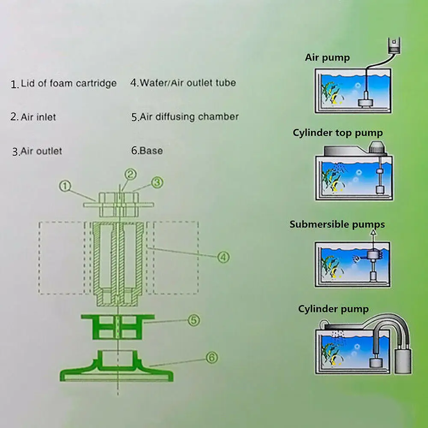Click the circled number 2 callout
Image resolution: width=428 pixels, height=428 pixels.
click(131, 174)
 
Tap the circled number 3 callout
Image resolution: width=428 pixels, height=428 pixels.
click(157, 182)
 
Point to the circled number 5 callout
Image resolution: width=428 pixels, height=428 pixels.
click(194, 320)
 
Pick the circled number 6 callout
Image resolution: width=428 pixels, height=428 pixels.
click(211, 356)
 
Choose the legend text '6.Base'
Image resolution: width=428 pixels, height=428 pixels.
click(146, 151)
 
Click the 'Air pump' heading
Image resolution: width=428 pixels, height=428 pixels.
click(327, 58)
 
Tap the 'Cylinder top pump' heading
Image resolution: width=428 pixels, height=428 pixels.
click(338, 133)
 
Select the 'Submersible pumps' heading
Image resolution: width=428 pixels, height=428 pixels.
click(337, 224)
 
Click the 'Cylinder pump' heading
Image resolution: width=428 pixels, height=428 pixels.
click(333, 309)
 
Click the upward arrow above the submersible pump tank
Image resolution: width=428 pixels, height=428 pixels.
click(372, 234)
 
